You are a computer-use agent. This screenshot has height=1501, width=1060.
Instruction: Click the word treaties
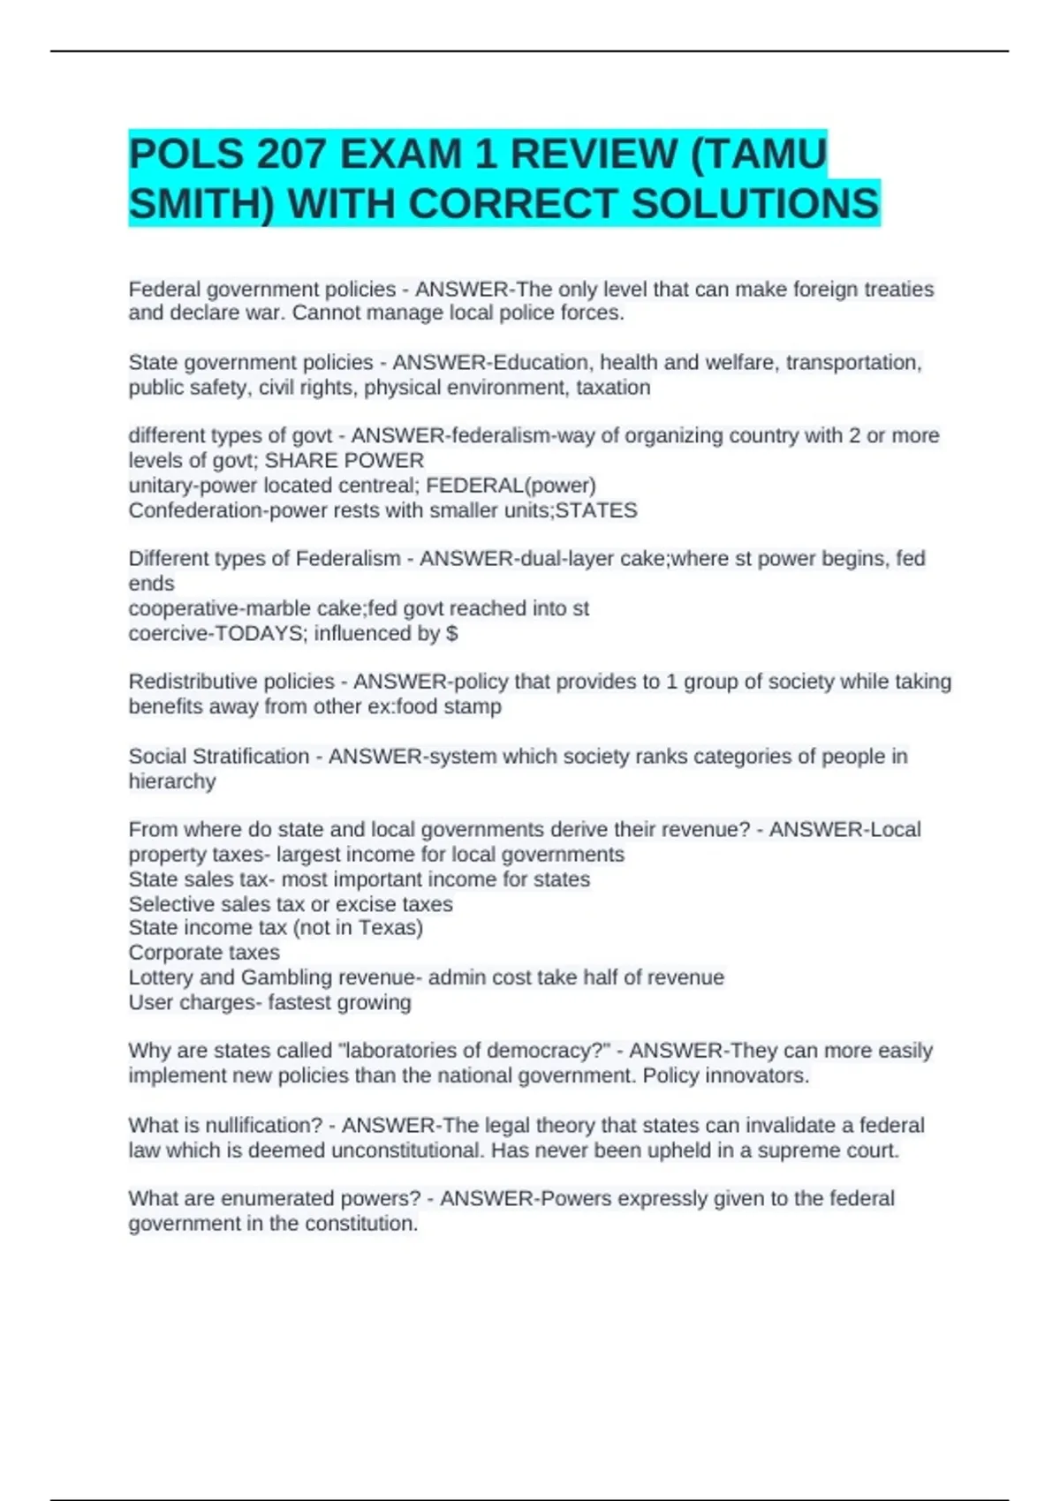click(898, 290)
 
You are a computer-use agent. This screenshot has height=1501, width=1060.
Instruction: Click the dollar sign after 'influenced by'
click(452, 633)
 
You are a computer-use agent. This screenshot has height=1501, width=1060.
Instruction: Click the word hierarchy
click(172, 781)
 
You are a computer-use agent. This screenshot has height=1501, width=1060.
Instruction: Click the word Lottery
click(161, 977)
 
